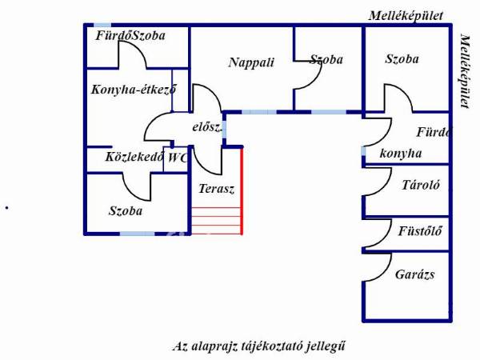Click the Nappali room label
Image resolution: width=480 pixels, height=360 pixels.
(x=250, y=62)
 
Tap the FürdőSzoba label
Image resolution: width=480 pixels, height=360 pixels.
(x=130, y=36)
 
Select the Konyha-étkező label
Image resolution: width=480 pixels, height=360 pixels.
(x=134, y=90)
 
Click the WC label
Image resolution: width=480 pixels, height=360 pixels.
(x=177, y=158)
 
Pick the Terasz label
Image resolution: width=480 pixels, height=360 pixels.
(x=216, y=190)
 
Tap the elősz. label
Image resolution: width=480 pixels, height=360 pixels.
(x=206, y=128)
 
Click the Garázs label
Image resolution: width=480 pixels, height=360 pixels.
(x=414, y=274)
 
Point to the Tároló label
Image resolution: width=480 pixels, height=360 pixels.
(x=420, y=185)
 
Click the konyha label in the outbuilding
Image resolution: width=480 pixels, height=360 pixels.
(x=401, y=154)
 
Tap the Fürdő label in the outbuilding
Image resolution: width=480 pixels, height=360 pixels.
(x=434, y=132)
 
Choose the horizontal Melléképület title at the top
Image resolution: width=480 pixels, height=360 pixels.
(x=406, y=15)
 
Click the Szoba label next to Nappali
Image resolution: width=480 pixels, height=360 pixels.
(x=326, y=60)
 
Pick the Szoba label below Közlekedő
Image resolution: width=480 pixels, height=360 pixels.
(x=126, y=211)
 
